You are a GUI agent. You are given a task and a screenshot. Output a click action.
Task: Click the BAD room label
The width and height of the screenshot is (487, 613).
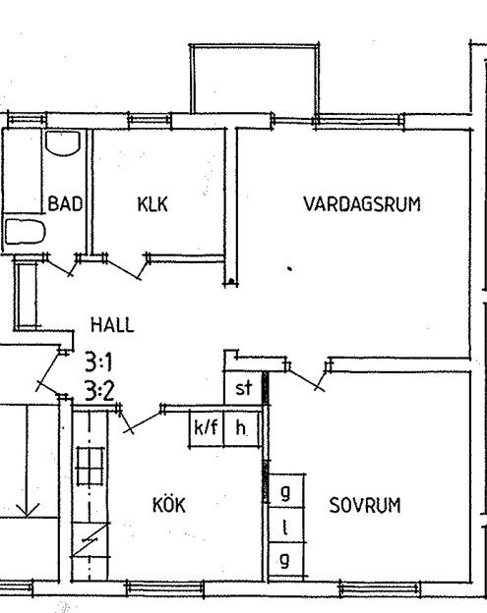pyautogui.click(x=65, y=204)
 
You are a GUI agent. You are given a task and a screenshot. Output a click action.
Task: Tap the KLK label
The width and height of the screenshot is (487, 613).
pyautogui.click(x=152, y=204)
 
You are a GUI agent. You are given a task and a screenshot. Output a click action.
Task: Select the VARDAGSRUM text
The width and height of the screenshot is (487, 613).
pyautogui.click(x=362, y=204)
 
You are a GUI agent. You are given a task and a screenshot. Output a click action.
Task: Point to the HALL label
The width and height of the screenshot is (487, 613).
pyautogui.click(x=112, y=324)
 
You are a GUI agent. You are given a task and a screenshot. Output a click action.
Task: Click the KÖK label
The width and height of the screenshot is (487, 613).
pyautogui.click(x=168, y=504)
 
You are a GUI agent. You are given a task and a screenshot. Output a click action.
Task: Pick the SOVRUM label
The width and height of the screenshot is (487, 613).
pyautogui.click(x=365, y=505)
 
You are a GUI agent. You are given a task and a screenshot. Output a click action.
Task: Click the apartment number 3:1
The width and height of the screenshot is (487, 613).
pyautogui.click(x=98, y=362)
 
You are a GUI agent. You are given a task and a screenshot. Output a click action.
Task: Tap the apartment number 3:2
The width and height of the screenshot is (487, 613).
pyautogui.click(x=99, y=391)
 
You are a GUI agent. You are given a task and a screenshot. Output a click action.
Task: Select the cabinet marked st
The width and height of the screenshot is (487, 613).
pyautogui.click(x=243, y=388)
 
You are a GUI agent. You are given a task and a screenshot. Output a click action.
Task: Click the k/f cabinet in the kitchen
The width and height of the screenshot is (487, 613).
pyautogui.click(x=207, y=428)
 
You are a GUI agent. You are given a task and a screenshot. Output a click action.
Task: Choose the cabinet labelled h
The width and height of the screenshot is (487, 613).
pyautogui.click(x=242, y=428)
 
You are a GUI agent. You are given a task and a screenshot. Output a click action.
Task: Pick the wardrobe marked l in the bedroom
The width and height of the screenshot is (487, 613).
pyautogui.click(x=286, y=525)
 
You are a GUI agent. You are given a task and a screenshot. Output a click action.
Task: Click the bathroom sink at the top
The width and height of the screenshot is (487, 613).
pyautogui.click(x=63, y=143)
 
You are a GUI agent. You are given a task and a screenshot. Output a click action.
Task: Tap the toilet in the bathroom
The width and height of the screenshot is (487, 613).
pyautogui.click(x=25, y=232)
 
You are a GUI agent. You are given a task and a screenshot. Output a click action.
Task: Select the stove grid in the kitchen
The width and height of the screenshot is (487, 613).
pyautogui.click(x=91, y=466)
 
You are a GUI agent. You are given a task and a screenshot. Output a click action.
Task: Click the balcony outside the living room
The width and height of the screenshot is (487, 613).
pyautogui.click(x=255, y=79)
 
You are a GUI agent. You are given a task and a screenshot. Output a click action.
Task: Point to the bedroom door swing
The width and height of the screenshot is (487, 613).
pyautogui.click(x=305, y=376)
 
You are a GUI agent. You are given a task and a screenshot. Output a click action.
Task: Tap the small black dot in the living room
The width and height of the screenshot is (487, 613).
pyautogui.click(x=289, y=268)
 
